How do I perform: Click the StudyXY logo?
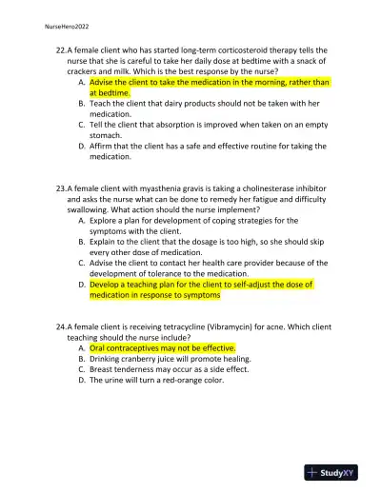[x=337, y=472]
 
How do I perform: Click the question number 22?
[x=61, y=49]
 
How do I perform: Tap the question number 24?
[x=61, y=325]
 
